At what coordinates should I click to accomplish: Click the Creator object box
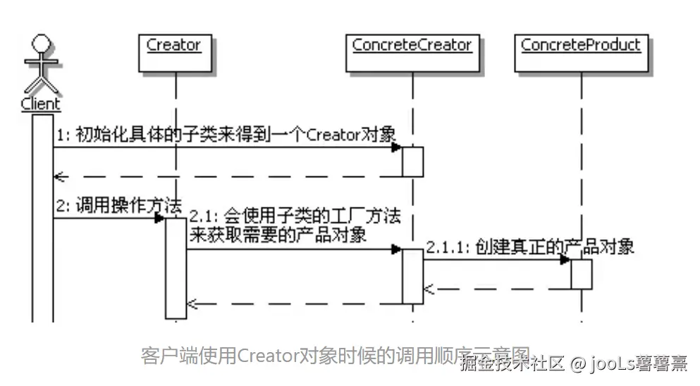click(x=173, y=52)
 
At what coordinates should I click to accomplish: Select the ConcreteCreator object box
click(x=412, y=52)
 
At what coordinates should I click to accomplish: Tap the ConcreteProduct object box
click(x=580, y=52)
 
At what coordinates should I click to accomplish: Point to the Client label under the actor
click(x=41, y=104)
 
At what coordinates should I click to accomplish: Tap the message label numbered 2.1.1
click(x=529, y=247)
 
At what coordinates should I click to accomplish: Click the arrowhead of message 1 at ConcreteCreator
click(x=397, y=147)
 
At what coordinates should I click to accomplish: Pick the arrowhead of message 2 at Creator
click(x=160, y=218)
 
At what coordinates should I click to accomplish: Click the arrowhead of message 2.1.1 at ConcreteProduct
click(x=565, y=259)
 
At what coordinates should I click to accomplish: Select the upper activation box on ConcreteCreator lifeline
click(x=412, y=162)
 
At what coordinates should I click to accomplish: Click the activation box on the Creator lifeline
click(x=176, y=267)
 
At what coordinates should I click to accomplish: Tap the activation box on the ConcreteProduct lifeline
click(x=581, y=274)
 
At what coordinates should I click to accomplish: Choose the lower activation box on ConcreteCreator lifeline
click(x=412, y=275)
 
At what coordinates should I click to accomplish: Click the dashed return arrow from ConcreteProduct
click(x=497, y=289)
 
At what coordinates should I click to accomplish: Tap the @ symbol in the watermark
click(x=579, y=364)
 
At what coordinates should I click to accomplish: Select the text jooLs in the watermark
click(x=613, y=364)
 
